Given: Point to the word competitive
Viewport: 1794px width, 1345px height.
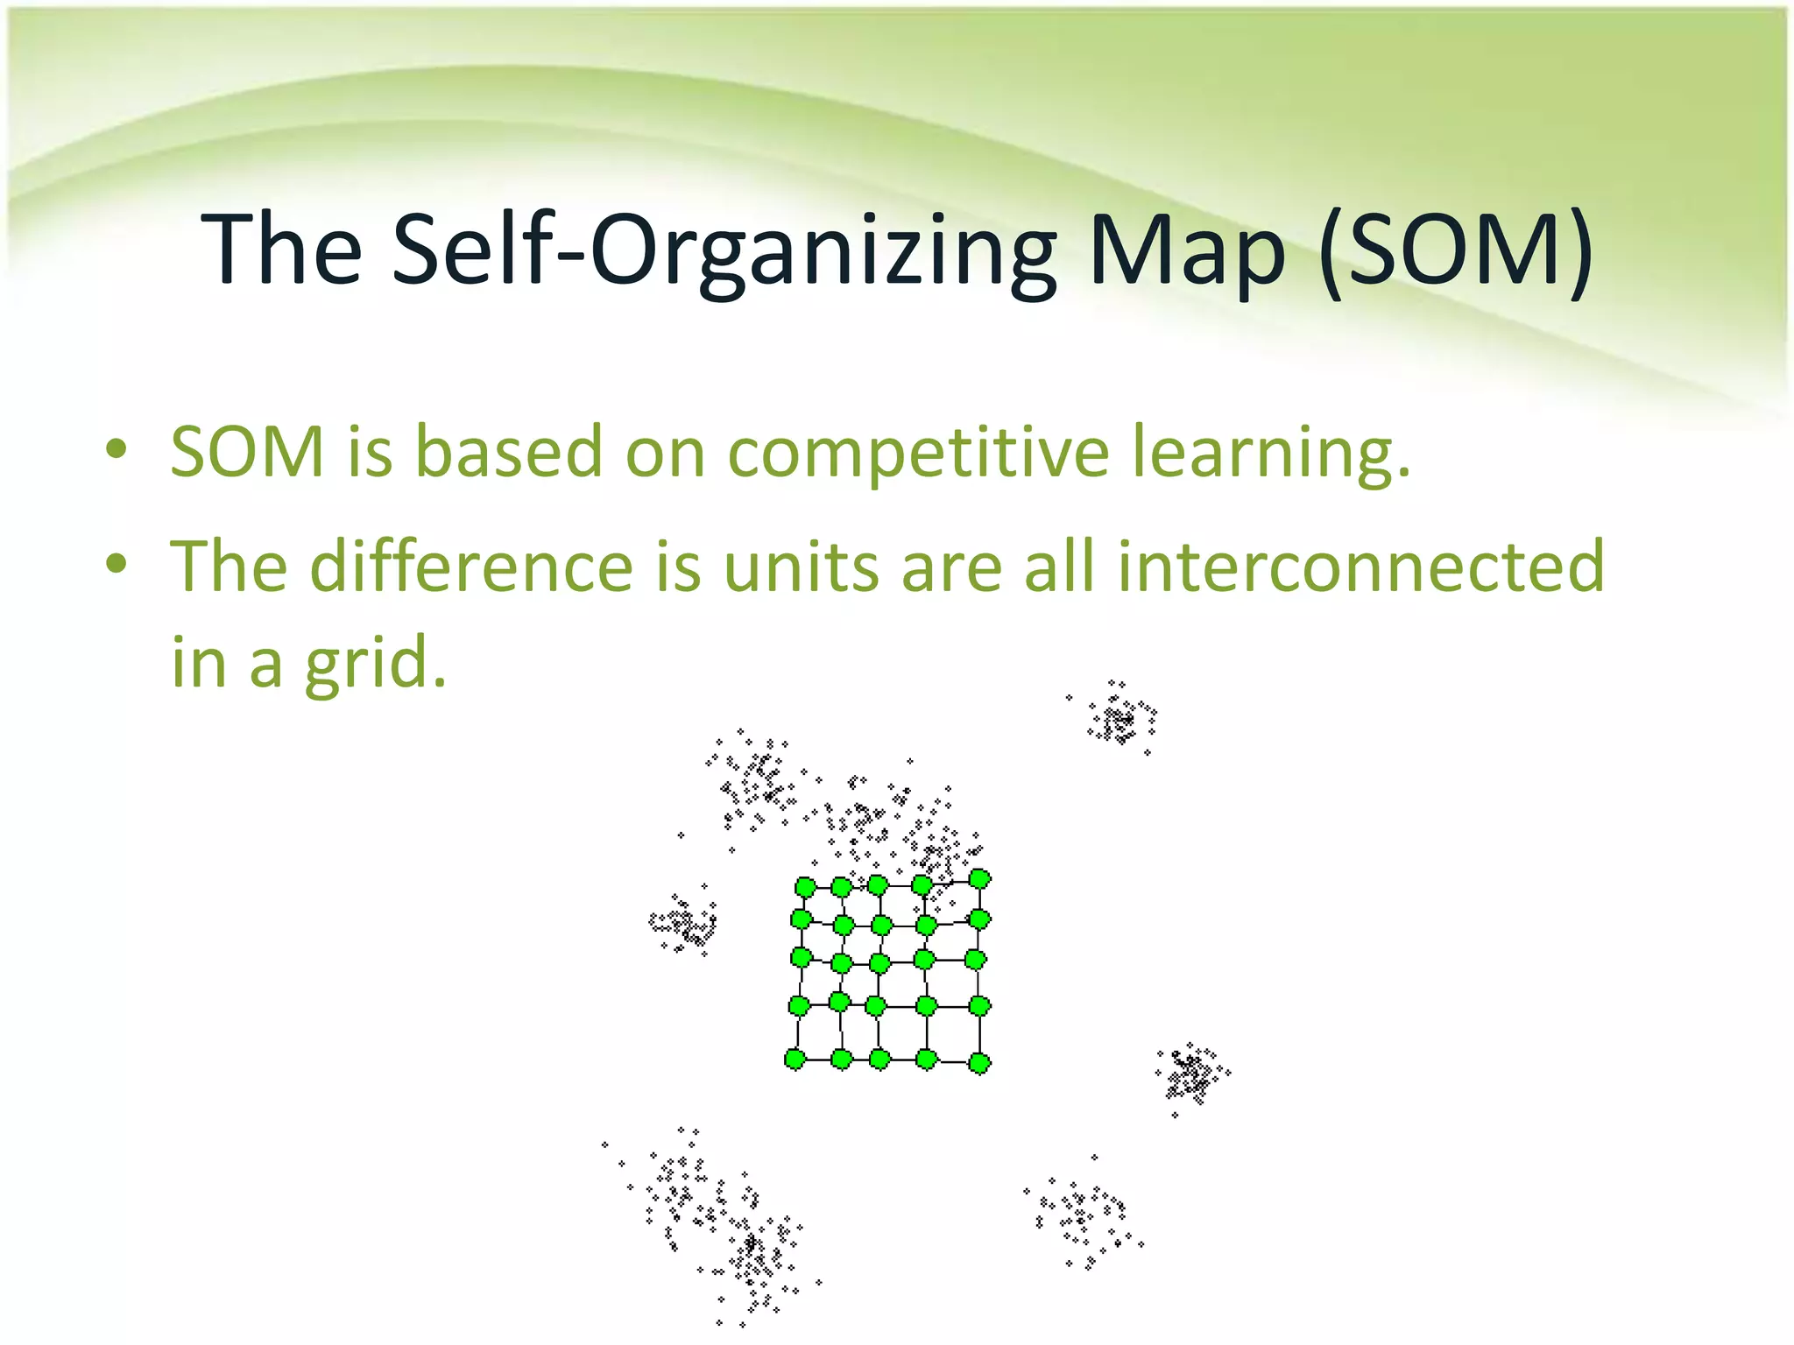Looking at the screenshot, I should (x=918, y=454).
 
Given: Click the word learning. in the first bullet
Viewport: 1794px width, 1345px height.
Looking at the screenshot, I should (x=1271, y=454).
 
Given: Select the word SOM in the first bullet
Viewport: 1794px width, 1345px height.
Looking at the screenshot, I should (x=248, y=452).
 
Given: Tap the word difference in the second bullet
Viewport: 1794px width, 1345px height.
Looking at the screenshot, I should (x=471, y=567).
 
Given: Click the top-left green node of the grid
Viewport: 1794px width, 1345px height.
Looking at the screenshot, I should (x=805, y=888).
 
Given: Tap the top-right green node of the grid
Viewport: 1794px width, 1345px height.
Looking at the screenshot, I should (x=979, y=878).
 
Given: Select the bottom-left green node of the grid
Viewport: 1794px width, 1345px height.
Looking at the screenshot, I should (x=795, y=1060).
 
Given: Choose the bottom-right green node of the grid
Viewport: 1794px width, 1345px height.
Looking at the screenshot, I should (x=979, y=1063).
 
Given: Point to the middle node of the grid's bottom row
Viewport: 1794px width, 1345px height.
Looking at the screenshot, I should (x=879, y=1060).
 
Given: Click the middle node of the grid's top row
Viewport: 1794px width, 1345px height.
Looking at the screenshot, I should (x=877, y=885).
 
